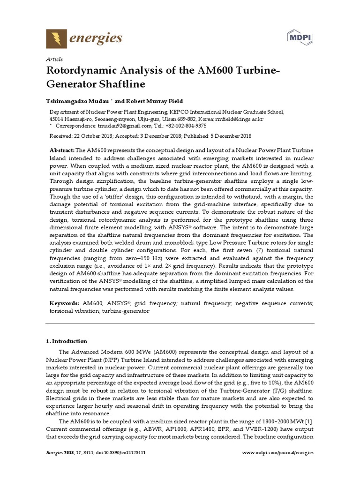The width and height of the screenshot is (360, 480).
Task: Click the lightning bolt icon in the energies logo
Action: pos(56,38)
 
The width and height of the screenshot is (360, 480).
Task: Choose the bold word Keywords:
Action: pos(65,304)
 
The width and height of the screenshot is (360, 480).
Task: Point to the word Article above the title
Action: pos(54,59)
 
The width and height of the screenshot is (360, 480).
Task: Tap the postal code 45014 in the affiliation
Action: pos(57,119)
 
